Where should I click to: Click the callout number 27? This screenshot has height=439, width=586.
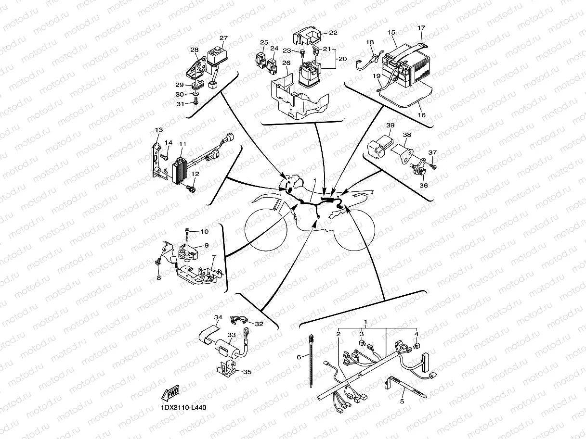click(223, 38)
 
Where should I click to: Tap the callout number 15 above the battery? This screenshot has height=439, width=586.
click(391, 32)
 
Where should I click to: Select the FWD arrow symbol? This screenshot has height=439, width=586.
click(171, 393)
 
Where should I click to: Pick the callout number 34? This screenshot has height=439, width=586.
click(219, 317)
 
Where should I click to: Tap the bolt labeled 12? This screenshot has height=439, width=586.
click(192, 190)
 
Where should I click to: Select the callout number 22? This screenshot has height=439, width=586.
click(333, 33)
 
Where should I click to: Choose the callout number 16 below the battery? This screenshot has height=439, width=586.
click(421, 115)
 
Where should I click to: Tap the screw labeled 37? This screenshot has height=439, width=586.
click(433, 166)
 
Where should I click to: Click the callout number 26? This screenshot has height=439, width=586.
click(286, 63)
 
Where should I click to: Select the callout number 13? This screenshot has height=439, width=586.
click(159, 130)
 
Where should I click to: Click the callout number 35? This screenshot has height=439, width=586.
click(247, 371)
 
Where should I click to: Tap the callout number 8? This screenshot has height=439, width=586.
click(158, 277)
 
